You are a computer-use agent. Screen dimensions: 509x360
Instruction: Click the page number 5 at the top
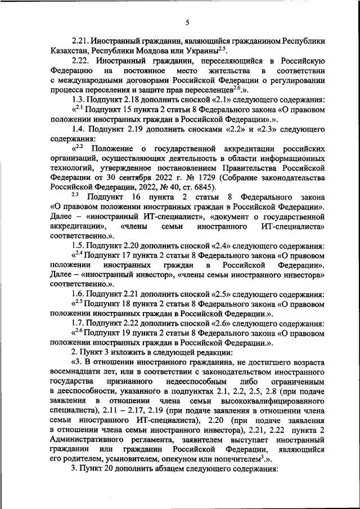tap(187, 22)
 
